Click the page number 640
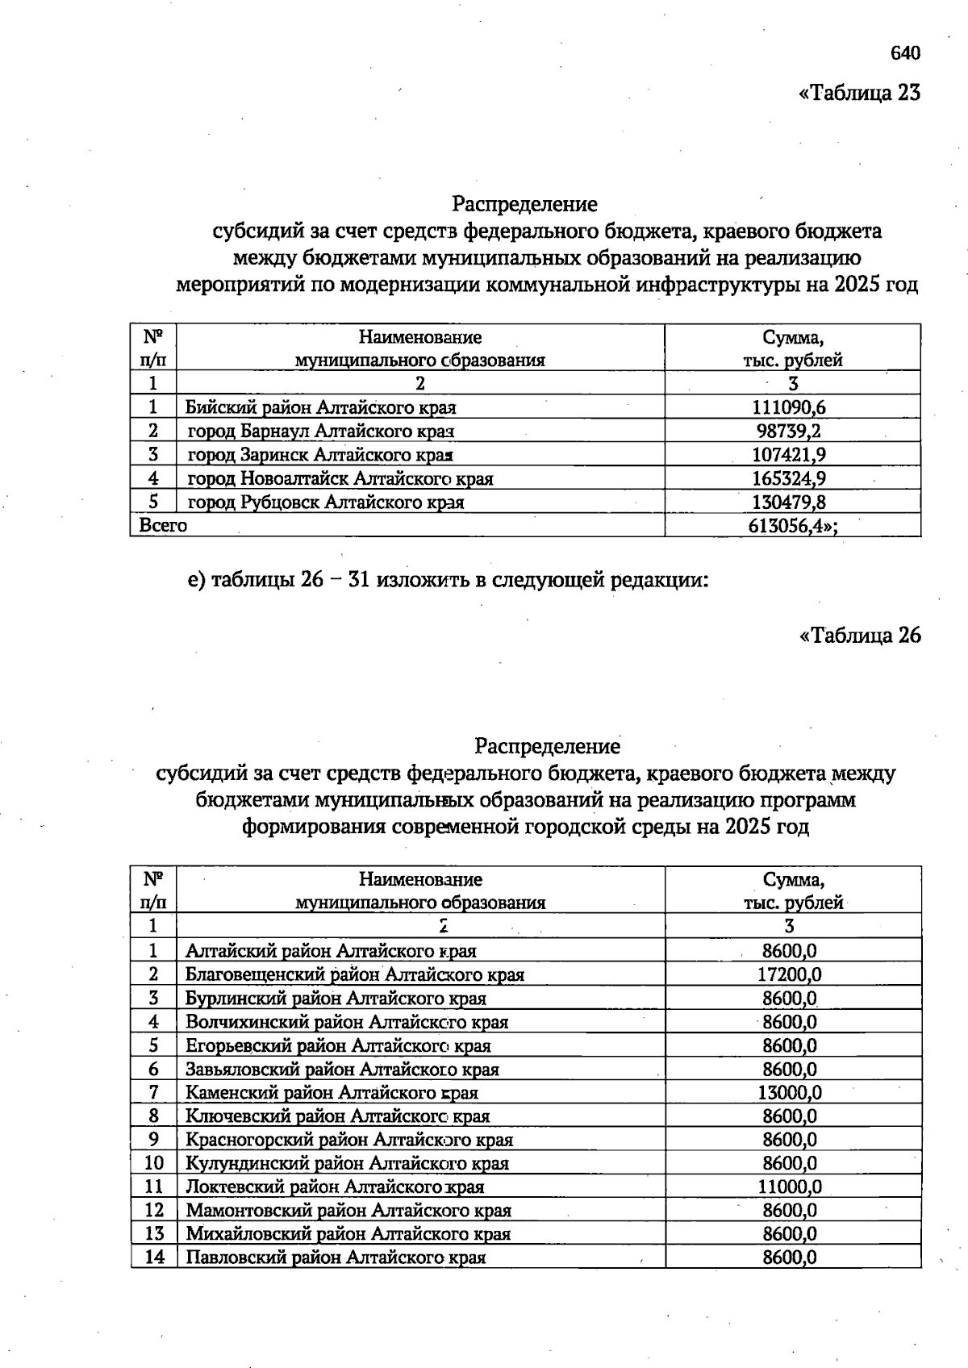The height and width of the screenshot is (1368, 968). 905,53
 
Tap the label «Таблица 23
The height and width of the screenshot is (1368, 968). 859,93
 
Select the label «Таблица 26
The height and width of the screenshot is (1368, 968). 859,636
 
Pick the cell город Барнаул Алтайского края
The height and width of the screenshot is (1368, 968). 321,431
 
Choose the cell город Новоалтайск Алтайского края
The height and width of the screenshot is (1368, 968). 340,478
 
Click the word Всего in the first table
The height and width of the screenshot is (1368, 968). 163,525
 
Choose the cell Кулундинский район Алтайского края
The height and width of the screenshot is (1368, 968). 347,1163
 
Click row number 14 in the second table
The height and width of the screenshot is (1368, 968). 154,1257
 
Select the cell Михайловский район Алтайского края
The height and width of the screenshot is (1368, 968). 348,1233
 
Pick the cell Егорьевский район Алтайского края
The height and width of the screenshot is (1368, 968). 338,1045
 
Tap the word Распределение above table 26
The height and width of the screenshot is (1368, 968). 548,746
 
